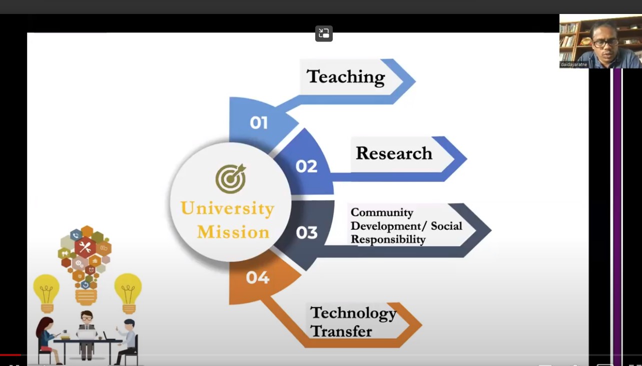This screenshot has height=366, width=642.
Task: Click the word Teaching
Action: (346, 77)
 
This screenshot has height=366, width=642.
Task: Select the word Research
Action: (394, 153)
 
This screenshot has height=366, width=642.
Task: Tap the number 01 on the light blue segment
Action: (259, 123)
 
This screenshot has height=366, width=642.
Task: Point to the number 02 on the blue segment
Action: (306, 166)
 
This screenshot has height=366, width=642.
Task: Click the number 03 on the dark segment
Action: (307, 232)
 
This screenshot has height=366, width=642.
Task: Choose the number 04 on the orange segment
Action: (258, 277)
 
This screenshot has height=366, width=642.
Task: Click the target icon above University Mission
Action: (231, 178)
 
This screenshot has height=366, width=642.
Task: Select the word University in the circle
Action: (228, 209)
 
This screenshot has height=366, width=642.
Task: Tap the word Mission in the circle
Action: (234, 232)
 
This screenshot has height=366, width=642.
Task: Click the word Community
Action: (382, 212)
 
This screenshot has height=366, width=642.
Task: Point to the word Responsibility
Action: (388, 239)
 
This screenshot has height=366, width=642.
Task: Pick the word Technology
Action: (353, 313)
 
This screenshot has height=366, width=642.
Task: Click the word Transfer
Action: (341, 331)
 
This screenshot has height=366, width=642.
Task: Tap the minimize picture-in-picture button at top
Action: (324, 33)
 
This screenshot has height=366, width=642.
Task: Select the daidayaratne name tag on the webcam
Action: (574, 64)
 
